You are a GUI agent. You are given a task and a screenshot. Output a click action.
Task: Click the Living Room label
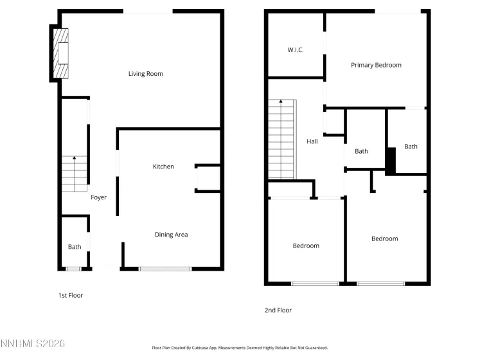pyautogui.click(x=146, y=74)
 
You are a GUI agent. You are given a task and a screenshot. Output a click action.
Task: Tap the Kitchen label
pyautogui.click(x=163, y=167)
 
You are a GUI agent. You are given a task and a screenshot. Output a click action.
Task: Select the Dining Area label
pyautogui.click(x=172, y=235)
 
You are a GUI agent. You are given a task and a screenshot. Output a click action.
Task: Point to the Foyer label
pyautogui.click(x=98, y=197)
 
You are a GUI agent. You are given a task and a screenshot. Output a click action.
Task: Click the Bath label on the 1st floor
pyautogui.click(x=75, y=247)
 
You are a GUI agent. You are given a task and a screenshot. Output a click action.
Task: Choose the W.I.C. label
pyautogui.click(x=295, y=50)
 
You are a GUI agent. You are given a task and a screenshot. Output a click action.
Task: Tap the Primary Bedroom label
pyautogui.click(x=376, y=65)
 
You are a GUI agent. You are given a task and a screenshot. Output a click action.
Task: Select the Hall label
pyautogui.click(x=312, y=142)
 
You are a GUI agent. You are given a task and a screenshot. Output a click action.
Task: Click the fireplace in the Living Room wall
pyautogui.click(x=60, y=53)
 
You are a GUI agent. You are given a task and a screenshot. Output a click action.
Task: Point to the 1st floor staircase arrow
pyautogui.click(x=75, y=158)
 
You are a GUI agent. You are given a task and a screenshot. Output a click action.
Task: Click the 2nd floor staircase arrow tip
pyautogui.click(x=281, y=102)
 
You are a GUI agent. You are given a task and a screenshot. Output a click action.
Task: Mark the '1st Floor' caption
pyautogui.click(x=71, y=296)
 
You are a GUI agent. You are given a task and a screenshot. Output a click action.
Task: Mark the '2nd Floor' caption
pyautogui.click(x=278, y=310)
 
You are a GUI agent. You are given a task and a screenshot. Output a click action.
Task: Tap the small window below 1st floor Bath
pyautogui.click(x=73, y=268)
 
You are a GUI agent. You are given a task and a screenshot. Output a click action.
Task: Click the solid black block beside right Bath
pyautogui.click(x=390, y=161)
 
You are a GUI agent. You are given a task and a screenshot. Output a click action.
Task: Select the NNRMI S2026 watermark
pyautogui.click(x=33, y=345)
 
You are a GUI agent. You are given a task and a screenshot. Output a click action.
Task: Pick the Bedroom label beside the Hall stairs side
pyautogui.click(x=306, y=246)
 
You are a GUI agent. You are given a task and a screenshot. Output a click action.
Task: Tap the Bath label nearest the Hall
pyautogui.click(x=362, y=152)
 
